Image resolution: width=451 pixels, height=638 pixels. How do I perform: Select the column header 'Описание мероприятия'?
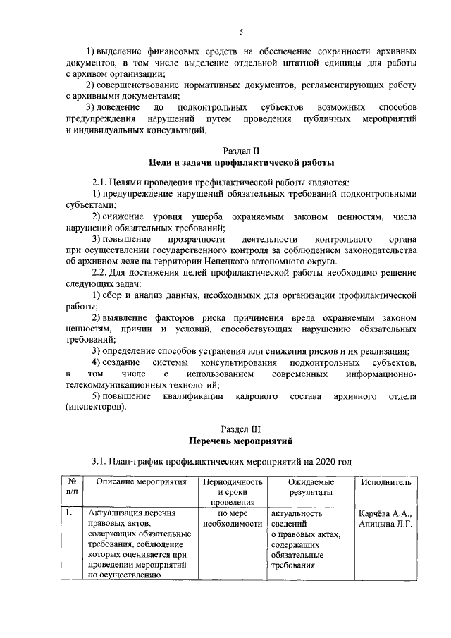click(x=141, y=482)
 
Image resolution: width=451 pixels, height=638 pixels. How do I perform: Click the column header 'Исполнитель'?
click(x=384, y=482)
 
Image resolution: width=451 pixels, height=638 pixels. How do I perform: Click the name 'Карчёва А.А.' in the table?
click(x=385, y=513)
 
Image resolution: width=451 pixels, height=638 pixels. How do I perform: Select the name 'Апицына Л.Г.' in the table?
click(x=385, y=523)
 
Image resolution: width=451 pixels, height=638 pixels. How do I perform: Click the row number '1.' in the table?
click(x=69, y=513)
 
